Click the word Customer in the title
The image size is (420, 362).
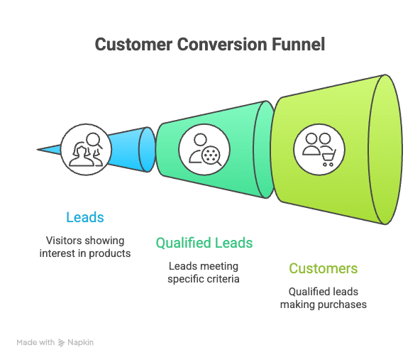pos(131,45)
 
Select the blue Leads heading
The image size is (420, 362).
pos(84,217)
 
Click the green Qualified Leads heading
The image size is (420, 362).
pos(204,243)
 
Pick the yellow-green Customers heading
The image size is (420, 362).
pos(323,268)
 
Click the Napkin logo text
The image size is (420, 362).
pos(80,342)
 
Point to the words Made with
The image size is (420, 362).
pos(35,342)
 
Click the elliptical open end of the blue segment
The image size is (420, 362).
pos(147,149)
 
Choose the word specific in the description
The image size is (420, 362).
pos(185,278)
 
